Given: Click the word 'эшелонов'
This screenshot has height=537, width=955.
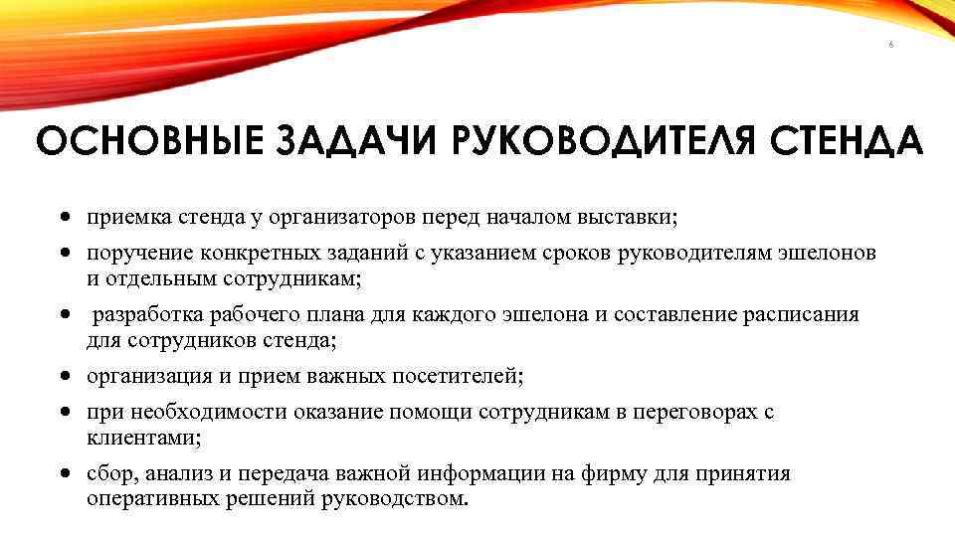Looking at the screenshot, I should pos(828,254).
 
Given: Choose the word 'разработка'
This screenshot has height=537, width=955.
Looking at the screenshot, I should pos(148,315).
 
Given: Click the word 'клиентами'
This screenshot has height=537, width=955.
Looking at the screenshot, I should pos(132,437).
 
